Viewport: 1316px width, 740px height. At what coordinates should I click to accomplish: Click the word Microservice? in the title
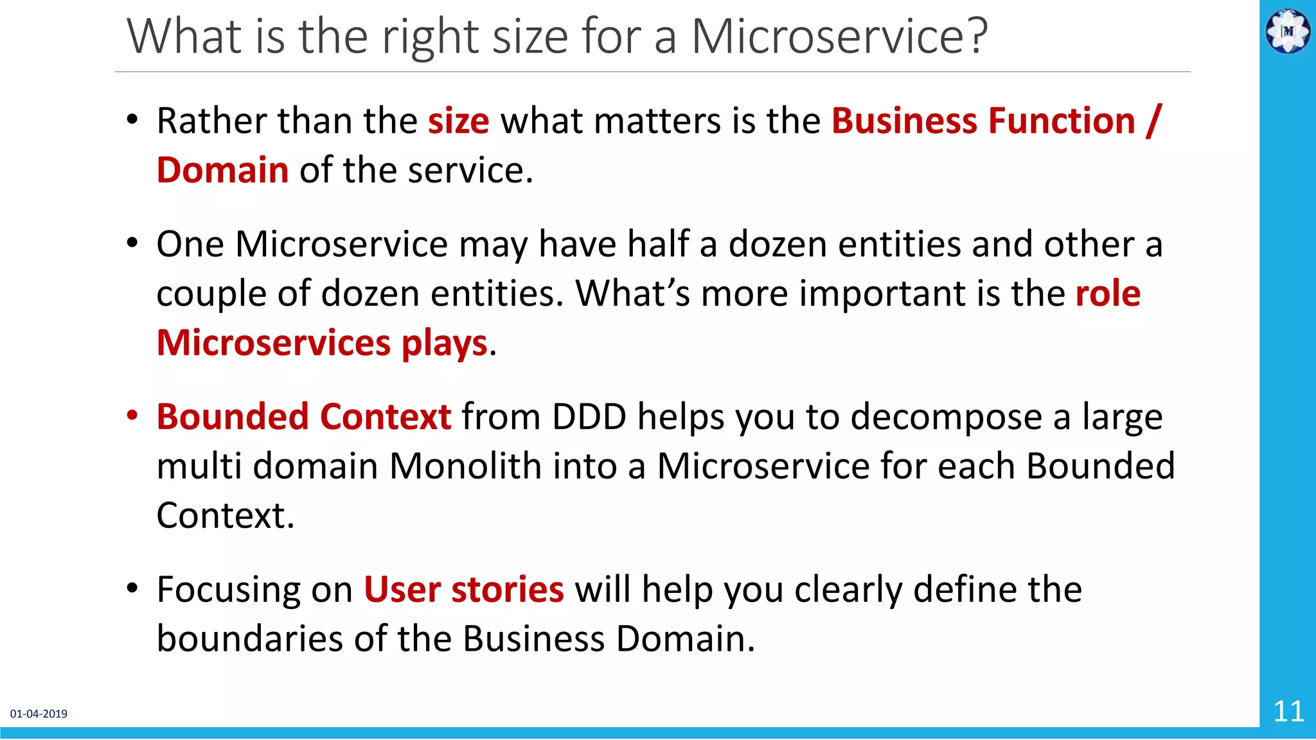click(839, 37)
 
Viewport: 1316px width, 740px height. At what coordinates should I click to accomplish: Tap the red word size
click(458, 121)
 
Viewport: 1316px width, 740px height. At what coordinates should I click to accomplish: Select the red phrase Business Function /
click(996, 121)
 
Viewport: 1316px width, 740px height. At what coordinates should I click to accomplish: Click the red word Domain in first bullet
click(222, 171)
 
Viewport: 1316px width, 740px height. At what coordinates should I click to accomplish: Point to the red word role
click(1108, 294)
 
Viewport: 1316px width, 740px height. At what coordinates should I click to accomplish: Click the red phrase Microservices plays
click(322, 343)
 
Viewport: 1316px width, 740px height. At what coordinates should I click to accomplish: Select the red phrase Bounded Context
click(303, 417)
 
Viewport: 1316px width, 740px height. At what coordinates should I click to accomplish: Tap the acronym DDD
click(589, 417)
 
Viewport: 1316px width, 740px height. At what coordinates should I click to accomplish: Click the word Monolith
click(465, 466)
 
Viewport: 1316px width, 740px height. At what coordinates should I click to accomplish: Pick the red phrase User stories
click(463, 590)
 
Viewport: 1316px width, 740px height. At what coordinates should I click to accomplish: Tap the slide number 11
click(1288, 712)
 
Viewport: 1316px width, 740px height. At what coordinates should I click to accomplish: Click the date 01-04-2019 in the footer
click(39, 714)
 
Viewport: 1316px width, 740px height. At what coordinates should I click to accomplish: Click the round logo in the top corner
click(1287, 30)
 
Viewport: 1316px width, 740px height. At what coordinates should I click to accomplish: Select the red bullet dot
click(132, 416)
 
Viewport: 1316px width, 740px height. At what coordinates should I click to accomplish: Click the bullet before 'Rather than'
click(132, 120)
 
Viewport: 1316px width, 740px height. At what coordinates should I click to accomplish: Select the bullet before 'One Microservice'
click(132, 243)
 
